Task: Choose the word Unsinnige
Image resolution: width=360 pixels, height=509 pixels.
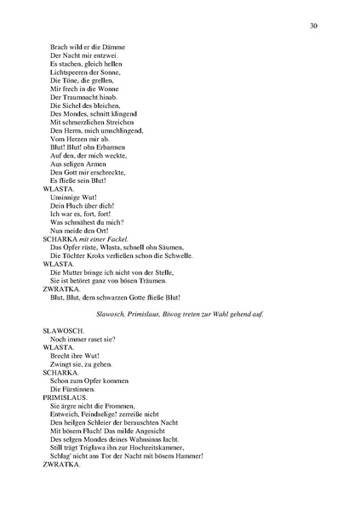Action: tap(67, 192)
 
